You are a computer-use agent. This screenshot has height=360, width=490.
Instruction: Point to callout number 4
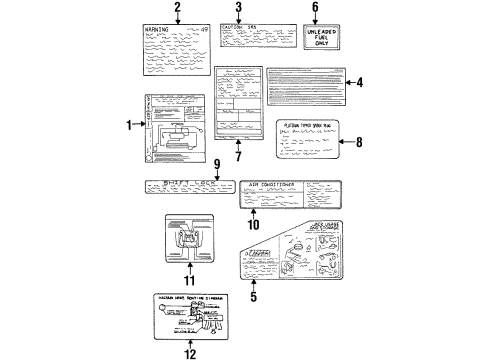tap(360, 83)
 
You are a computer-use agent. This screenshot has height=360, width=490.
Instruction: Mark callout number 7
tap(238, 156)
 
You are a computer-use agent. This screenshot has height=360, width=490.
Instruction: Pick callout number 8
tap(360, 142)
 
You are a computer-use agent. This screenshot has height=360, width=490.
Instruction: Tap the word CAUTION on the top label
tap(233, 27)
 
